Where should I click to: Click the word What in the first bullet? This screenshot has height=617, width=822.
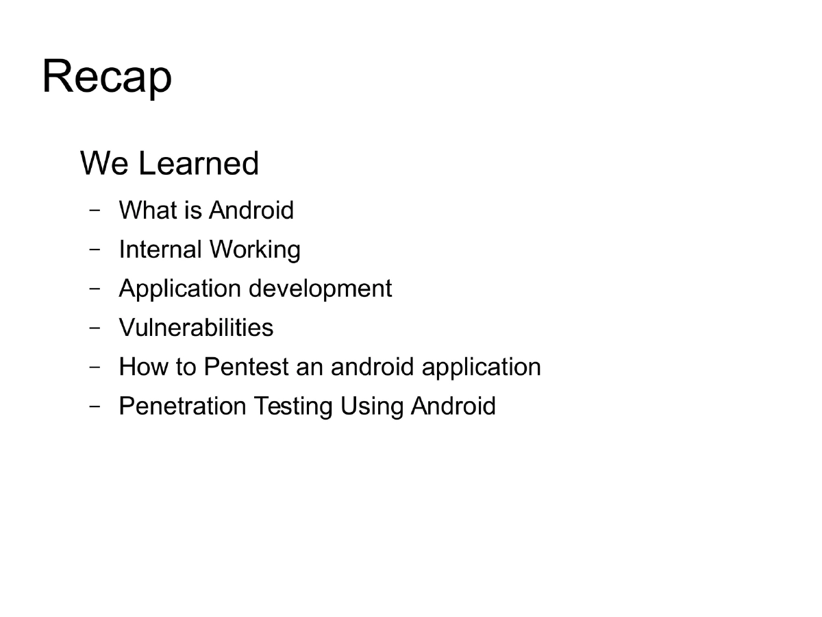tap(145, 210)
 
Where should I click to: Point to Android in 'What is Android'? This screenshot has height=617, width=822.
tap(251, 210)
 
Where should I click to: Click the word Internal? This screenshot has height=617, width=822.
tap(160, 249)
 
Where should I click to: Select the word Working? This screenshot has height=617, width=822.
tap(255, 250)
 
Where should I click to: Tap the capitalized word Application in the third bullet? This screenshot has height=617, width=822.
tap(180, 289)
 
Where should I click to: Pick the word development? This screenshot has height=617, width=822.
tap(320, 289)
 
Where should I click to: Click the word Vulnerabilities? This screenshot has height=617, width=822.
tap(196, 328)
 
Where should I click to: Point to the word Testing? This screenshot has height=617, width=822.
tap(293, 407)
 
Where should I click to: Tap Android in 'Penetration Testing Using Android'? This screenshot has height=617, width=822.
tap(453, 406)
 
